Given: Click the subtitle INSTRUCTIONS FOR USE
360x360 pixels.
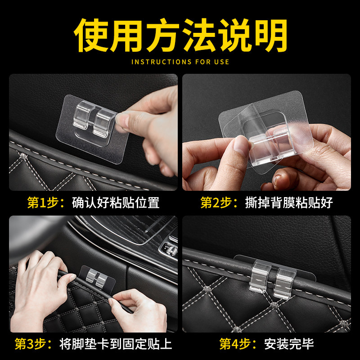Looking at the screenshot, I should click(x=180, y=62).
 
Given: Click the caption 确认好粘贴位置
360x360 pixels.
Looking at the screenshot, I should click(x=116, y=203).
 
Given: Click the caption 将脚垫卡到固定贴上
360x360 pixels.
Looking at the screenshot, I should click(x=116, y=345).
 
